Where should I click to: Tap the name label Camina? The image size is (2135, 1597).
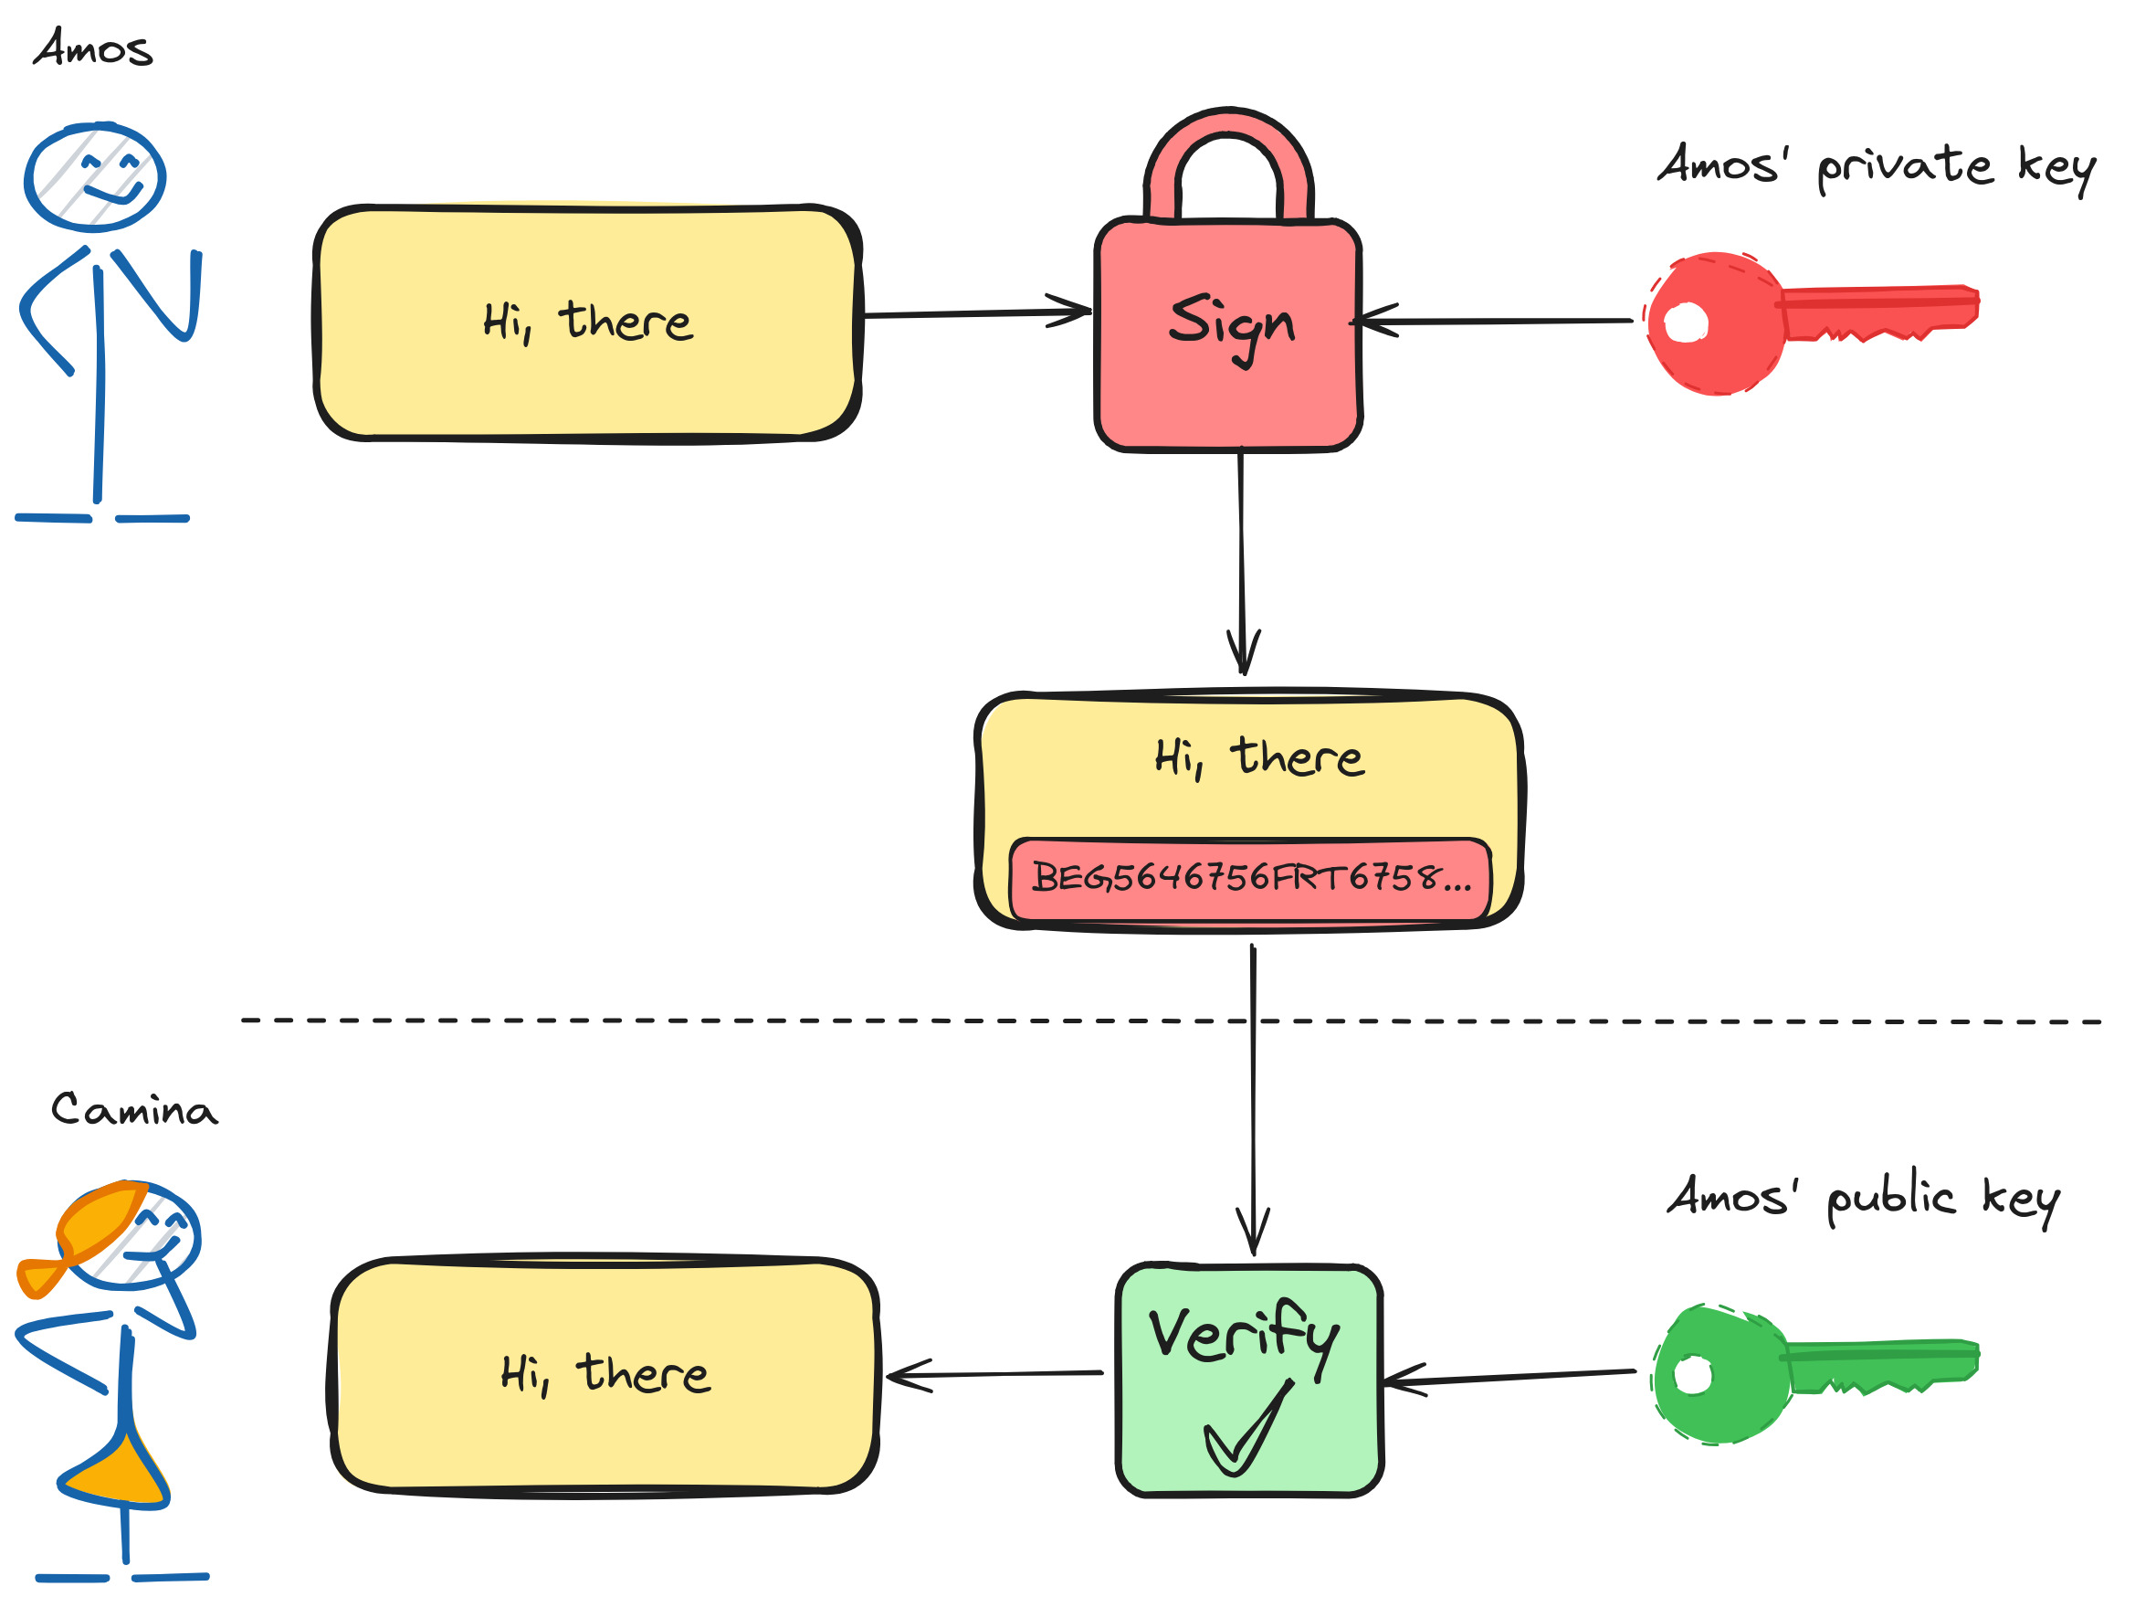pos(133,1110)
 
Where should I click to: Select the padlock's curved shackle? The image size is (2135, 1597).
pos(1227,135)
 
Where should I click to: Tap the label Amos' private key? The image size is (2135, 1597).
pos(1875,166)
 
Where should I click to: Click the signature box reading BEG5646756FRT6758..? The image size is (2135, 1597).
pos(1250,878)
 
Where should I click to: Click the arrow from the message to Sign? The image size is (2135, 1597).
pos(975,312)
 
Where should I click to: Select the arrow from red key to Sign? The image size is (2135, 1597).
pos(1496,321)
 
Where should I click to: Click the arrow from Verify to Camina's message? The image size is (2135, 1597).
pos(994,1374)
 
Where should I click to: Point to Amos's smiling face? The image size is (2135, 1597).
pos(95,176)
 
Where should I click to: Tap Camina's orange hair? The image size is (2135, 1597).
pos(97,1222)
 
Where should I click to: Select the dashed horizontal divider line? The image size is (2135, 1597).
pos(676,1020)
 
